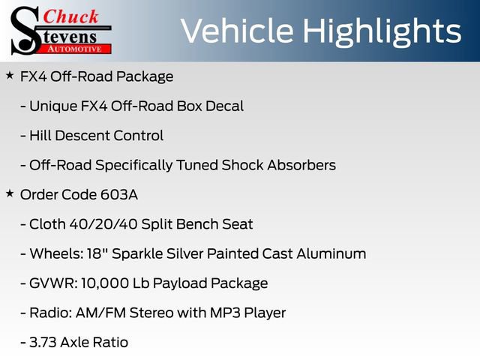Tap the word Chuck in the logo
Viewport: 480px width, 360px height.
tap(70, 16)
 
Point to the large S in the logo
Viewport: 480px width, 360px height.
tap(27, 30)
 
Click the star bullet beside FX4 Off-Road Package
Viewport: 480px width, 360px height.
tap(10, 76)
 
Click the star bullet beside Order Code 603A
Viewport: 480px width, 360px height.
tap(10, 193)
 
